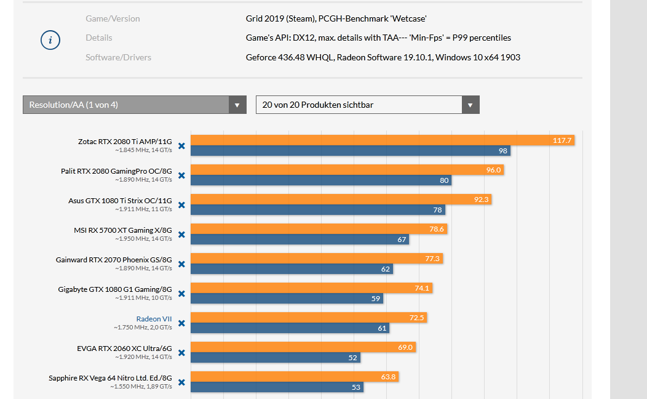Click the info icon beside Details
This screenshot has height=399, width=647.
(50, 41)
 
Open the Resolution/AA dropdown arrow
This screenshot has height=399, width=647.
(237, 105)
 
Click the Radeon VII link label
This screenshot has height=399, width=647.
(154, 319)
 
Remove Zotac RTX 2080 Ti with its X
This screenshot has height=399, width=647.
(181, 146)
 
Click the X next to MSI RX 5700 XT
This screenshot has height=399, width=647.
(181, 235)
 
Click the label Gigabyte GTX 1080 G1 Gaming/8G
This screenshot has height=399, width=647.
(115, 289)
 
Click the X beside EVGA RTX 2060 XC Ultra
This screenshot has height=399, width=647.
(181, 353)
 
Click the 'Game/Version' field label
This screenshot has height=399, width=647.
(113, 18)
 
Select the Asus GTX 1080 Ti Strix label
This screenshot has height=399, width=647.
(120, 201)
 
